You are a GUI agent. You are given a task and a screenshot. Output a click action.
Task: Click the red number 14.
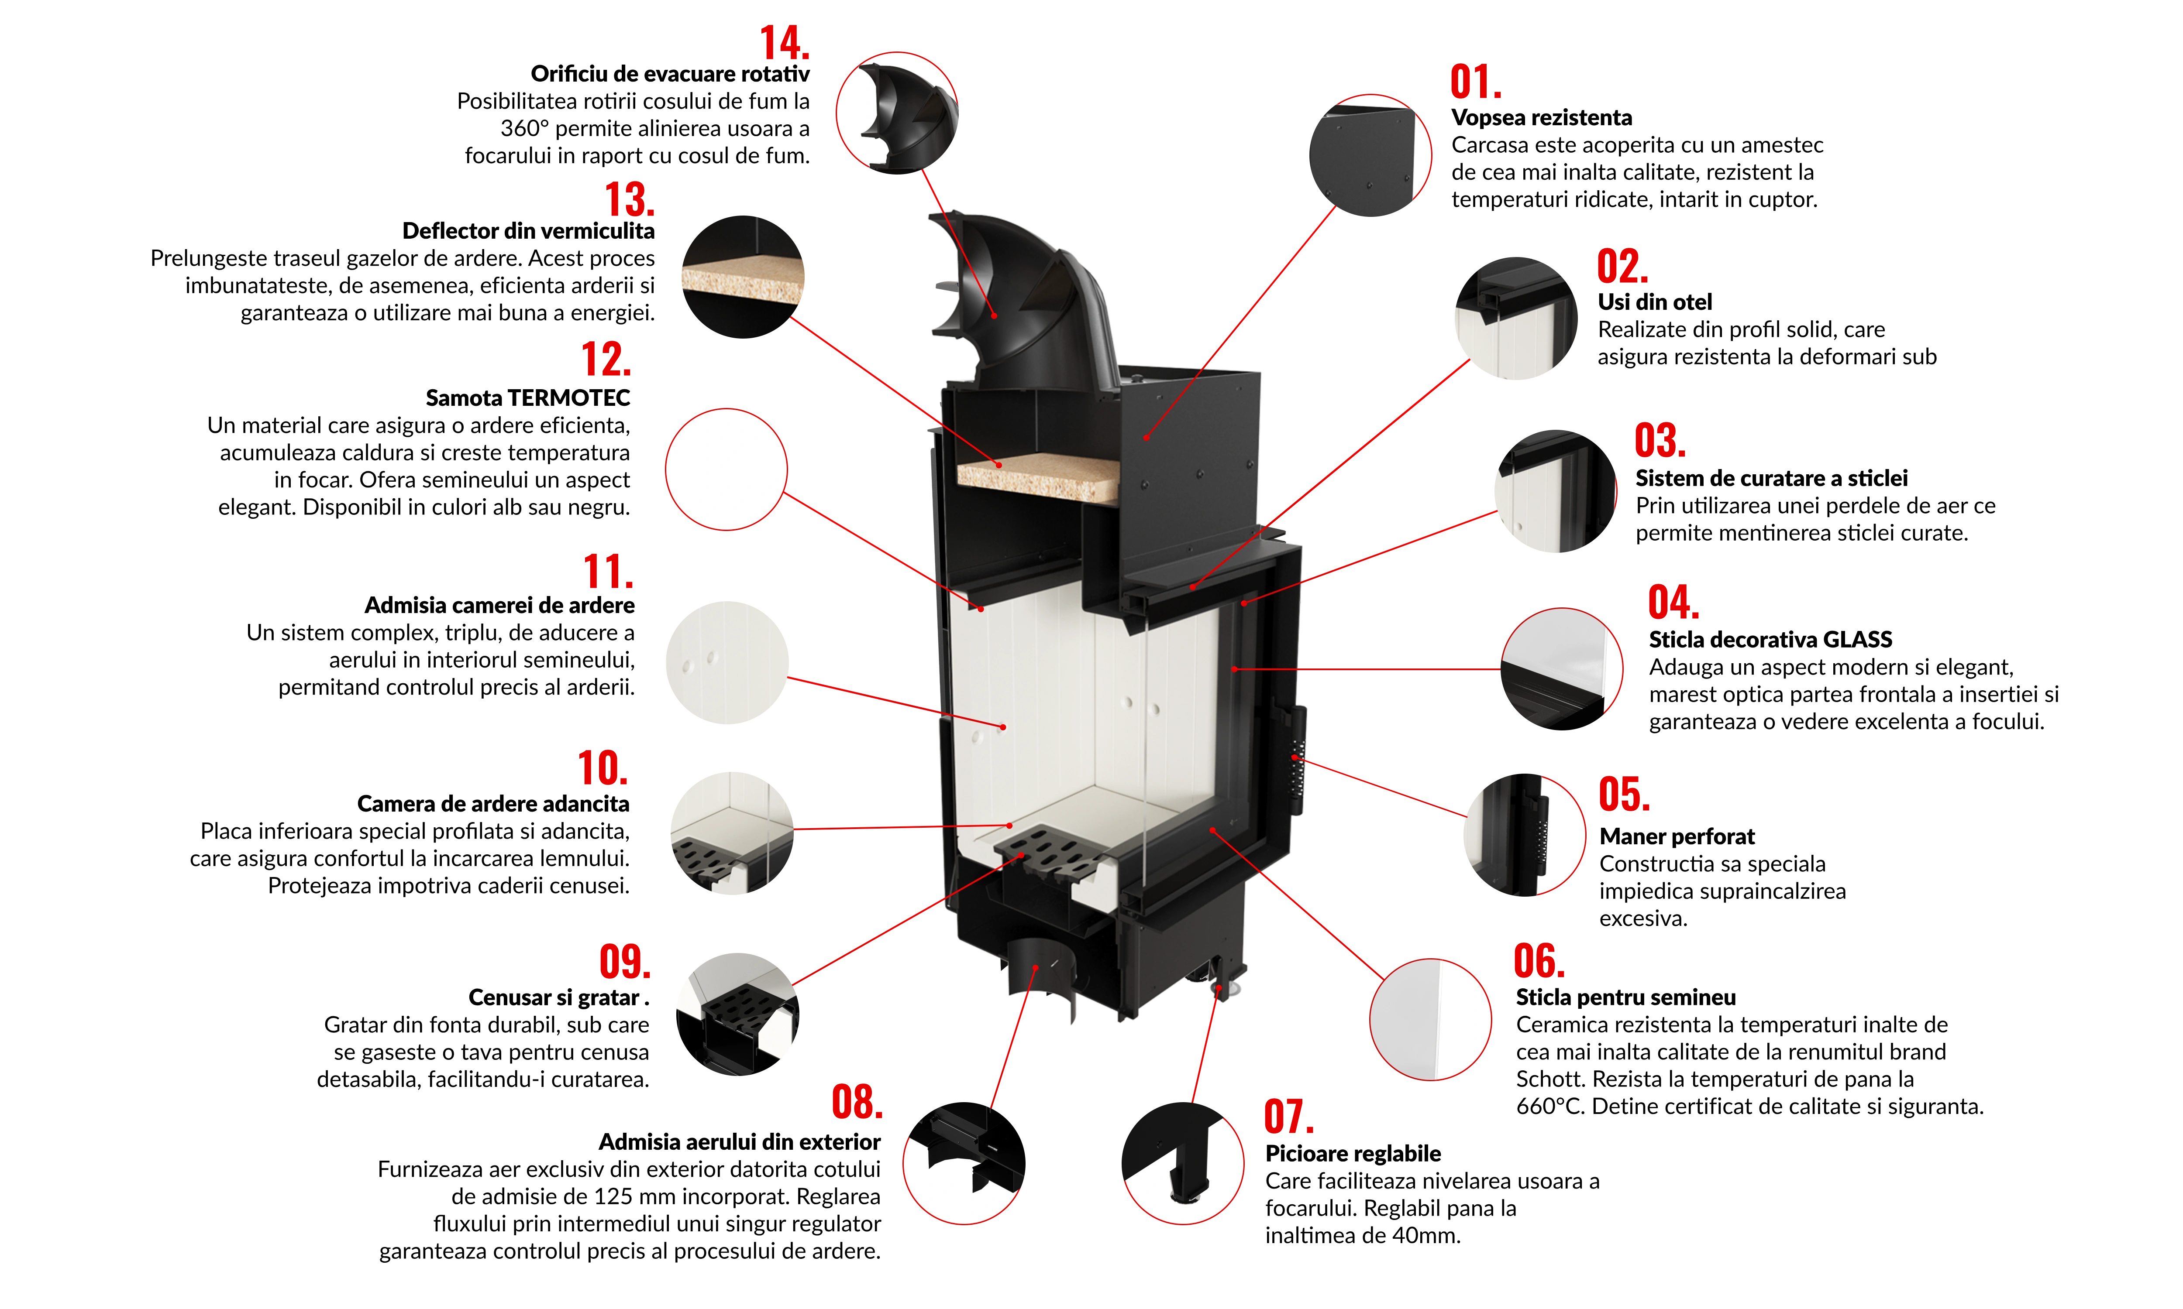pos(785,42)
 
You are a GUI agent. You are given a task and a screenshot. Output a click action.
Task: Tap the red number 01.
pos(1476,82)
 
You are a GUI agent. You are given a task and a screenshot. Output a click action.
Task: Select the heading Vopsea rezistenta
pos(1542,117)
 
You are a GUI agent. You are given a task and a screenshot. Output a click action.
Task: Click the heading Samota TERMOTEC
pos(528,398)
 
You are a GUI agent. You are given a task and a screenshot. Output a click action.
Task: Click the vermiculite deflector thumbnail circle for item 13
pos(743,276)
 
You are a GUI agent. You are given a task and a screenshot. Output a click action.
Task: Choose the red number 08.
pos(857,1102)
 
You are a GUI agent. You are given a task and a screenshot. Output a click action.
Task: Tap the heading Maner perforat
pos(1677,836)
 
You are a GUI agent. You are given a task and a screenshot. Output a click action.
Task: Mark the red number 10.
pos(603,768)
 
